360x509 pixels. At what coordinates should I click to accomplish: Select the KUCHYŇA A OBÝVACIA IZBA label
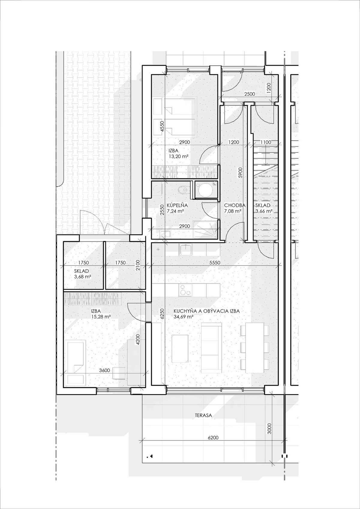tap(206, 311)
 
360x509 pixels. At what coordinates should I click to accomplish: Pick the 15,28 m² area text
tap(100, 317)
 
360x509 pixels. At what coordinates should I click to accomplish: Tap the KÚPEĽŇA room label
tap(177, 205)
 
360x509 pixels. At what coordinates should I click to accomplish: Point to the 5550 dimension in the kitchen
tap(214, 263)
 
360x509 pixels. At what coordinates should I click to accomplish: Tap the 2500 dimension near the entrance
tap(250, 94)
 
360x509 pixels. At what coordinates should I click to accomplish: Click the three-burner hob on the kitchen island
tap(185, 290)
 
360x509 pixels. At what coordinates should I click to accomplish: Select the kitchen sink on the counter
tap(186, 249)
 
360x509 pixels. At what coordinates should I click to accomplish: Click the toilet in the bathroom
tap(183, 189)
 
